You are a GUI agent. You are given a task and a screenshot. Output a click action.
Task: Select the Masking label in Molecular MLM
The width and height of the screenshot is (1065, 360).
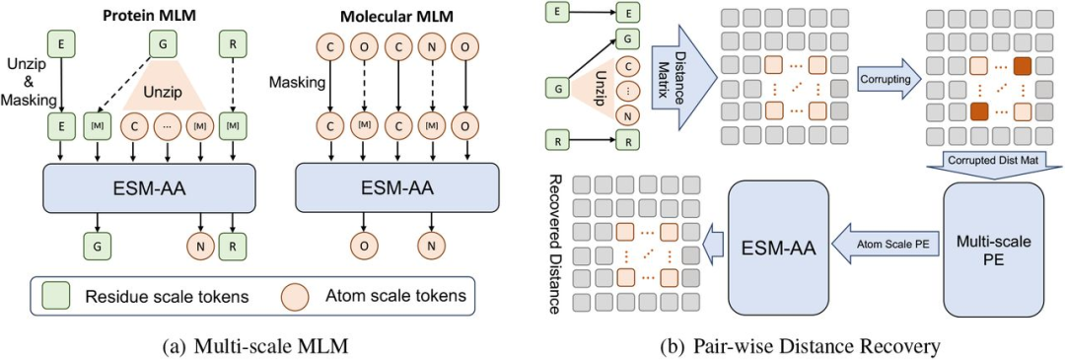(x=291, y=89)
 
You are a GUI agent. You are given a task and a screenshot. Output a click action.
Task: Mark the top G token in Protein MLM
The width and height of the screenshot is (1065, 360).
(x=161, y=43)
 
